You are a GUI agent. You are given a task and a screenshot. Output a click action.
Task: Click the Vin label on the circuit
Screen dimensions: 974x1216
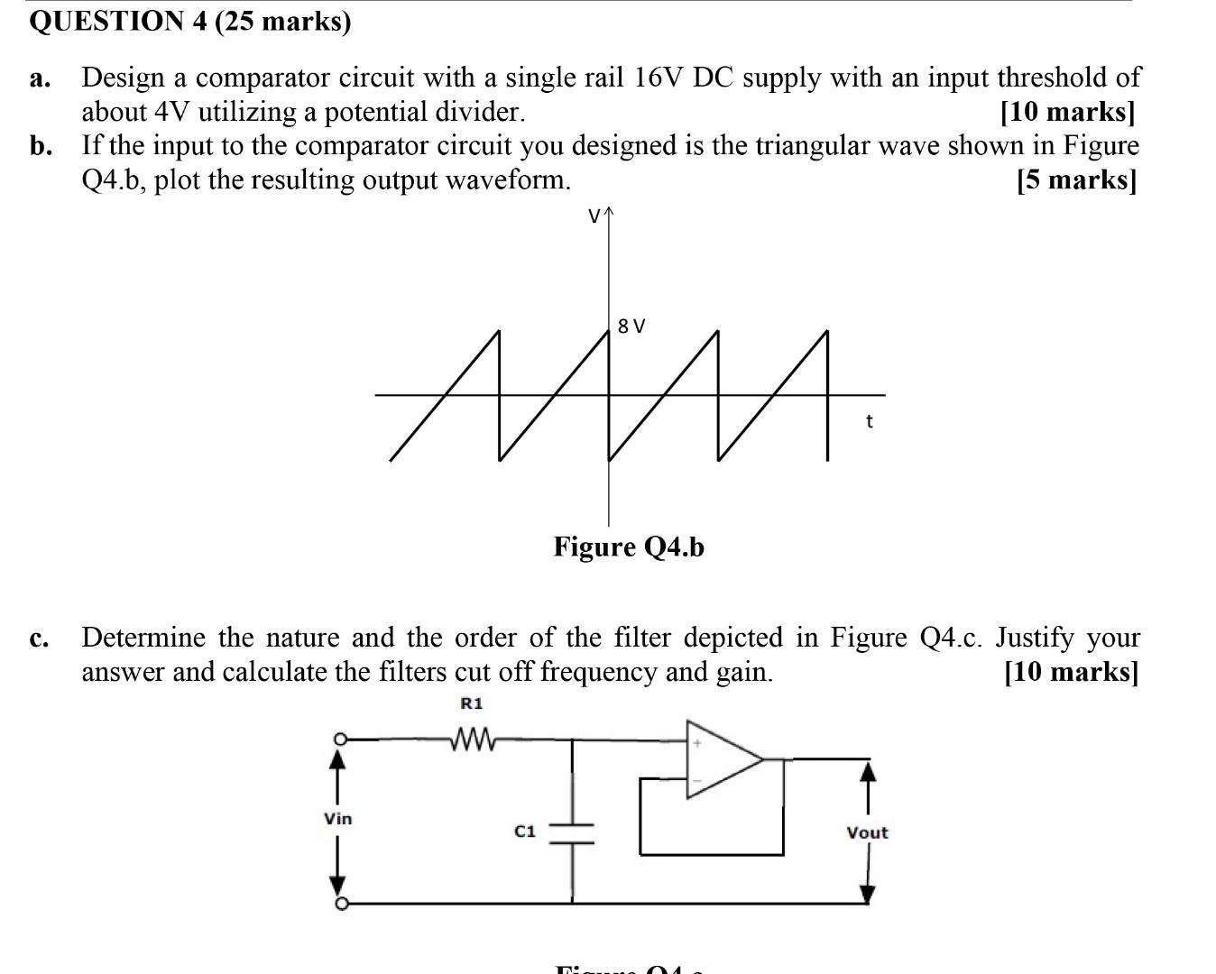click(x=338, y=819)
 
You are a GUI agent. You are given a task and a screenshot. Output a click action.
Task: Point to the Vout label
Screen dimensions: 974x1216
click(x=867, y=832)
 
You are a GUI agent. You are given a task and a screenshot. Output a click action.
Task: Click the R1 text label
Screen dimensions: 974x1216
click(x=472, y=703)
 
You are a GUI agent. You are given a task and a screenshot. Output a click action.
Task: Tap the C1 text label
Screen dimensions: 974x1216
click(x=525, y=831)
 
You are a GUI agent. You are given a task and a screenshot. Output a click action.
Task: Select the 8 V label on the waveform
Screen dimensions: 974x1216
click(x=632, y=326)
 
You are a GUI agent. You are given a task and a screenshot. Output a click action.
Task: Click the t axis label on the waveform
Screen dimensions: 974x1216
click(x=869, y=421)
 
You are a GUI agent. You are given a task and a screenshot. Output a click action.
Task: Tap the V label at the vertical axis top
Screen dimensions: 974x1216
click(x=594, y=216)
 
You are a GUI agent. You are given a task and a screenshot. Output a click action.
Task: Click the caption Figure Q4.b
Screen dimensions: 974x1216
click(x=629, y=547)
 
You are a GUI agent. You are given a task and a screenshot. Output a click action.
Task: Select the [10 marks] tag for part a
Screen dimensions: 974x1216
click(x=1068, y=112)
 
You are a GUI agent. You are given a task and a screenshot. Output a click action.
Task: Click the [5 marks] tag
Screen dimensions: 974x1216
click(x=1075, y=179)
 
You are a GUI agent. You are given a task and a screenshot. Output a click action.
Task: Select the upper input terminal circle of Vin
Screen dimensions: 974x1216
click(x=340, y=740)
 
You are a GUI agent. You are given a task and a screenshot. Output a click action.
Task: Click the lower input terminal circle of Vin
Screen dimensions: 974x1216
click(x=340, y=904)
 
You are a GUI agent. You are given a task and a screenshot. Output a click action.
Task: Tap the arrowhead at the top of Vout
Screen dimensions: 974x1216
click(x=868, y=773)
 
